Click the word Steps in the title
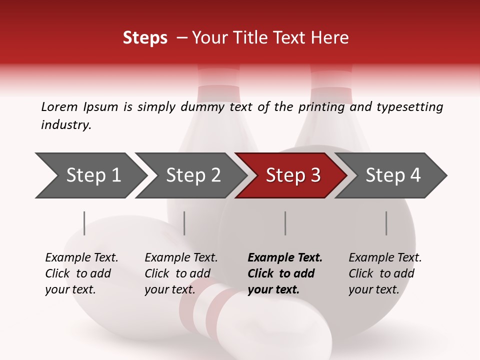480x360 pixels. pos(145,38)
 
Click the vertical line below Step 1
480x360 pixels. pos(84,223)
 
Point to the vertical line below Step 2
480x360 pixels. pos(184,223)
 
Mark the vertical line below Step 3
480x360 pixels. pos(285,223)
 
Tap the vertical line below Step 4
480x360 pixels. pos(386,223)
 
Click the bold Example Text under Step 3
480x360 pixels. pos(285,273)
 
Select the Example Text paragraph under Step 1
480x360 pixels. pos(81,273)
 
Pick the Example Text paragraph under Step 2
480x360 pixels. pos(181,273)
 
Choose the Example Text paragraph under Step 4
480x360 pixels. pos(385,273)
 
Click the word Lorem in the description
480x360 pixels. pos(59,107)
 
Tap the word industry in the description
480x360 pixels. pos(66,125)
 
